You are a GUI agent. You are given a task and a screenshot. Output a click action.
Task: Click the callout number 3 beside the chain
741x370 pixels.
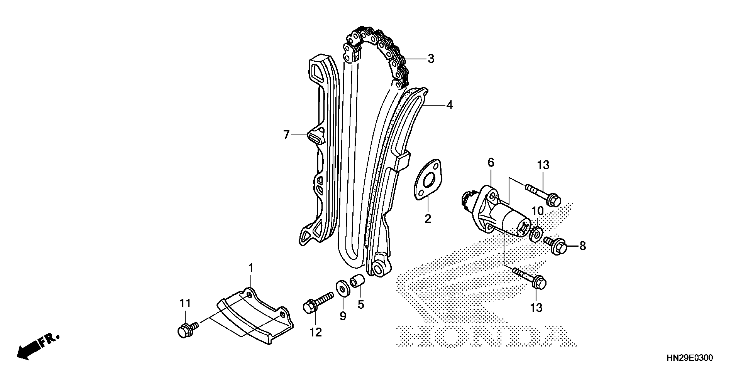pos(431,59)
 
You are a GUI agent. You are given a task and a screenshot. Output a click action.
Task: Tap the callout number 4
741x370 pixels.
pos(449,105)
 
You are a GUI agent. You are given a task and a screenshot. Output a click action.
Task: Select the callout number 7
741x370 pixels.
pos(286,135)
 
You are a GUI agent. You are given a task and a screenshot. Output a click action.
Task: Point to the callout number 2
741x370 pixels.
pos(428,219)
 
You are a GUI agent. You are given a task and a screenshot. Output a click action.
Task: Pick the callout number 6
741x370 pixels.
pos(491,163)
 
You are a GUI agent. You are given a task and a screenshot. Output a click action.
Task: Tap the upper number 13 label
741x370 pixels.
pos(543,165)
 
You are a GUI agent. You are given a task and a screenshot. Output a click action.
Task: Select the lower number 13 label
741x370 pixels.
pos(536,308)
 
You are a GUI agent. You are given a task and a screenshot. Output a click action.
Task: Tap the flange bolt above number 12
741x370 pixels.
pos(316,304)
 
